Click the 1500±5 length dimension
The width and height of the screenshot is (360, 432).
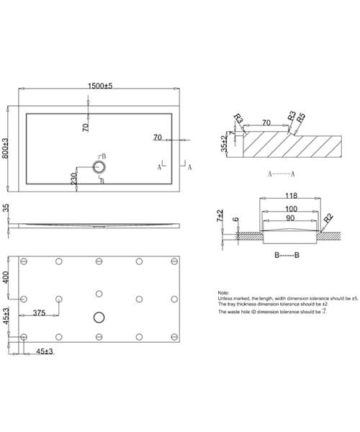101,86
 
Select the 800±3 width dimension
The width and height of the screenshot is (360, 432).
6,149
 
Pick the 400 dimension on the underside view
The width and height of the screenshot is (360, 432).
6,277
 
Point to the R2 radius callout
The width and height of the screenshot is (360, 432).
328,217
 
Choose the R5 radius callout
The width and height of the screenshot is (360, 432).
302,116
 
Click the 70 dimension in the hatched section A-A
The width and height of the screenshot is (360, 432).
266,123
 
